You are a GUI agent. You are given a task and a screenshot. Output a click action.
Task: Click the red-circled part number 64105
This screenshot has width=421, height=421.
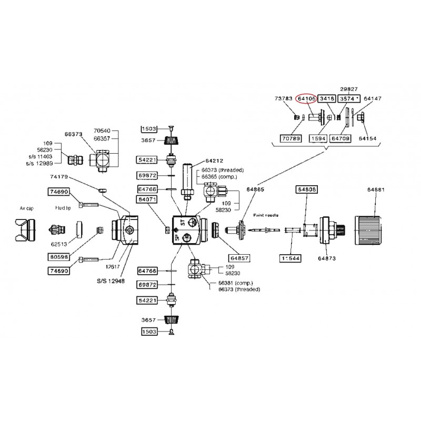click(306, 98)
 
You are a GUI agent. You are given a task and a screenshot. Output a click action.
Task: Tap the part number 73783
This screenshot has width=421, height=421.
click(285, 98)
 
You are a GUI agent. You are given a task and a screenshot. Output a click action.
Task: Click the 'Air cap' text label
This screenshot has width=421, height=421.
click(26, 208)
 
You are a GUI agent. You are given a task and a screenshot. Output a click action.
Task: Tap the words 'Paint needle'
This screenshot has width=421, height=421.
click(265, 215)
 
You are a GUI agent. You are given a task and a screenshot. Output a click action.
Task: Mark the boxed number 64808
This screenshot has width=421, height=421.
click(306, 189)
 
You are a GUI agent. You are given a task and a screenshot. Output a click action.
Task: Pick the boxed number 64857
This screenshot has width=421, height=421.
click(238, 258)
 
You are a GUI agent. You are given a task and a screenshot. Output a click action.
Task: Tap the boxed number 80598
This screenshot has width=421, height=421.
click(59, 257)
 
